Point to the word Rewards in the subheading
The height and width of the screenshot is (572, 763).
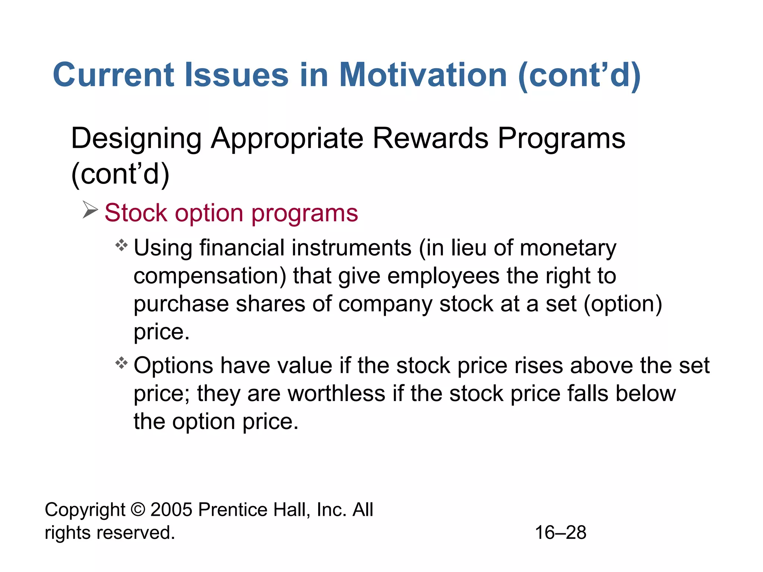tap(430, 138)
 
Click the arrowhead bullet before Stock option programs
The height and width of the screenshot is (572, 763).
tap(90, 210)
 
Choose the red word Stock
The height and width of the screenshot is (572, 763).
tap(136, 213)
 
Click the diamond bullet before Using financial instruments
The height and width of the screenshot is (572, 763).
tap(121, 246)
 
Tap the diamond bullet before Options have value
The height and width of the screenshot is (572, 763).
tap(121, 363)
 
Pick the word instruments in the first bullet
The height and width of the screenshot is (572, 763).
tap(351, 248)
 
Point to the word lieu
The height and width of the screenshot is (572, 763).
tap(469, 248)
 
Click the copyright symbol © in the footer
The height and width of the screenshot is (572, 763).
tap(138, 509)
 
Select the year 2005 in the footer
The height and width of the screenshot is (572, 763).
tap(171, 509)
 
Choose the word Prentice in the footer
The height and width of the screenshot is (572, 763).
tap(232, 509)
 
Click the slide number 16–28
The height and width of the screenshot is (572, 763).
tap(560, 533)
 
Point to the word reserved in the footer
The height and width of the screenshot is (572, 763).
tap(136, 533)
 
